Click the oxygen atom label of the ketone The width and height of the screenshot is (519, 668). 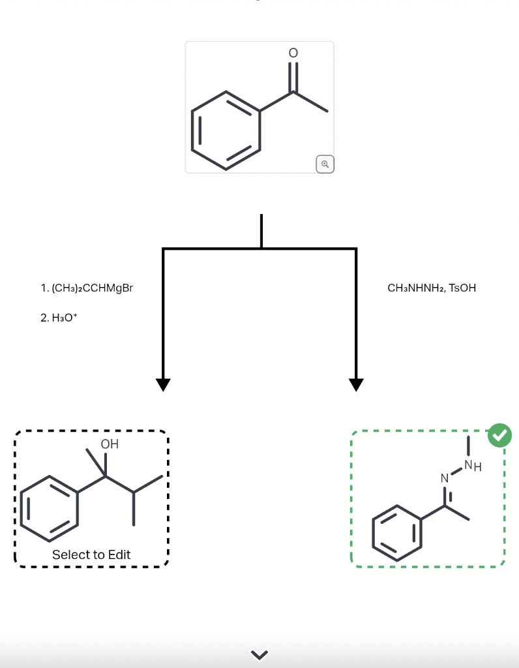click(293, 52)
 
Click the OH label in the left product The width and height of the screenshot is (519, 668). click(110, 444)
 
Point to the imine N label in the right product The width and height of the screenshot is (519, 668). click(445, 479)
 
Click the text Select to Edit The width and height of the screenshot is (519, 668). click(91, 554)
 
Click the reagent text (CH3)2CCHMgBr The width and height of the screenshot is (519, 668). click(86, 288)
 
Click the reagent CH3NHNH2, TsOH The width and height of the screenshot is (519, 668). click(432, 288)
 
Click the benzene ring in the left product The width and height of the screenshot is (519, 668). click(50, 508)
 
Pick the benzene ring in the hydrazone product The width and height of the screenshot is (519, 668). click(397, 533)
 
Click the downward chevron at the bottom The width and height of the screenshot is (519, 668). click(259, 654)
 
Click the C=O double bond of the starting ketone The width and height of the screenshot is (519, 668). click(293, 77)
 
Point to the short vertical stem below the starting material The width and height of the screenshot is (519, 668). click(261, 230)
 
